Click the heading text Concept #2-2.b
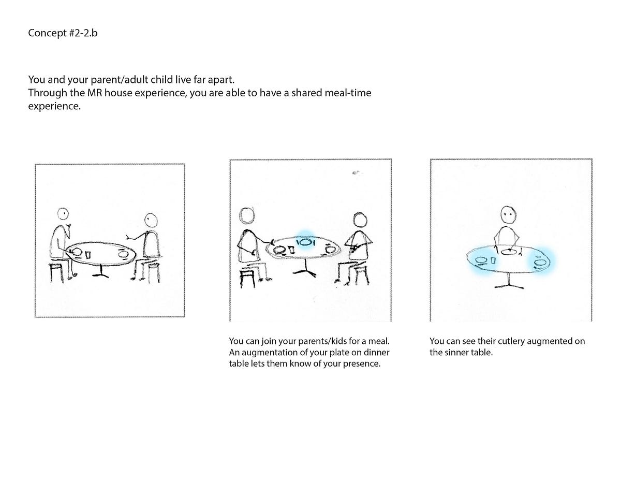(63, 33)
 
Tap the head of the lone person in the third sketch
(508, 214)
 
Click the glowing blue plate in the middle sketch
(305, 242)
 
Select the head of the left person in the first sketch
(63, 214)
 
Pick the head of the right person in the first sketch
(151, 220)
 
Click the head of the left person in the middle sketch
(247, 215)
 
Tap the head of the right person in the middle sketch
(360, 220)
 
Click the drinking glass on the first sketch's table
(88, 254)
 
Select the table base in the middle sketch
(305, 269)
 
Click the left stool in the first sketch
(56, 272)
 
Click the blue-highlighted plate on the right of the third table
(541, 262)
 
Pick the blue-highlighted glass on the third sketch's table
(493, 260)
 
